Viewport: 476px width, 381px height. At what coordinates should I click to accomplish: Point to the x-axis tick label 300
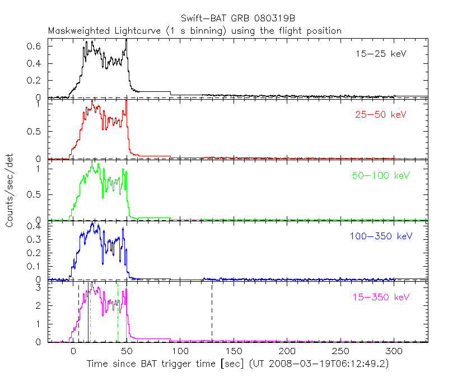(394, 352)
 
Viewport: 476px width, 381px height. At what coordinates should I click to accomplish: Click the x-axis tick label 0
(73, 352)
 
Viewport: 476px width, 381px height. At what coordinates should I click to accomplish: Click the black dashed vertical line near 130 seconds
(212, 314)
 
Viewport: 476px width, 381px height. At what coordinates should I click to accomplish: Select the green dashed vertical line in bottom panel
(118, 314)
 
